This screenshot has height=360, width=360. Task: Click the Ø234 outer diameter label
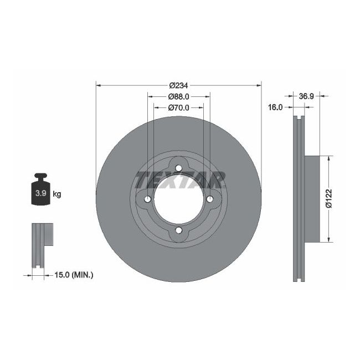[178, 85]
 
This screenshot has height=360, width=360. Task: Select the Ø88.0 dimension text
[178, 96]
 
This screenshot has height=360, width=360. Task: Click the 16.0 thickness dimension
[276, 107]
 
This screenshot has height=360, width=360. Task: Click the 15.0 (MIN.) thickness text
[74, 274]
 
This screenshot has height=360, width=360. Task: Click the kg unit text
[56, 194]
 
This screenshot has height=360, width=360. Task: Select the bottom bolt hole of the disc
[178, 230]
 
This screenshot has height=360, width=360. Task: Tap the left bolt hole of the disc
[148, 200]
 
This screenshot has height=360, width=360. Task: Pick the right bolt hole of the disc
[209, 200]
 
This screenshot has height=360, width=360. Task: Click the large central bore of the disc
[178, 200]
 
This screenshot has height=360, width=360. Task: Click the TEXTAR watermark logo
[180, 179]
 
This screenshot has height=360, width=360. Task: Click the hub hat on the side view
[313, 199]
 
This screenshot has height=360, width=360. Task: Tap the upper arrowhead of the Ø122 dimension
[330, 159]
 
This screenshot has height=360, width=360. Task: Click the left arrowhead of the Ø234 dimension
[99, 85]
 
